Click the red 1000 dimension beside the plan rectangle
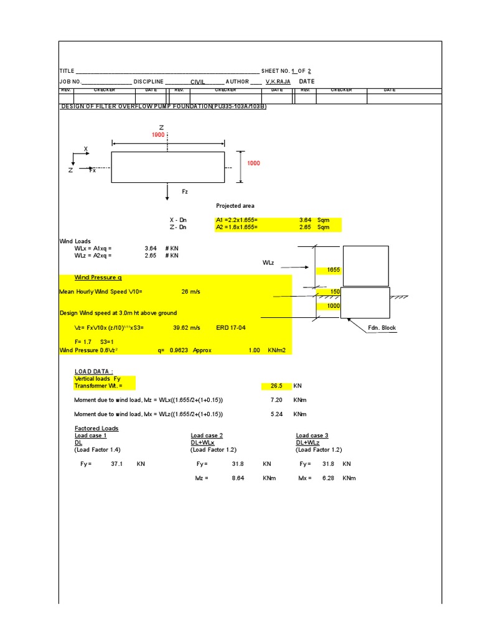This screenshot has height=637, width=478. pyautogui.click(x=253, y=163)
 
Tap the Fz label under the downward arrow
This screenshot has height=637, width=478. pyautogui.click(x=185, y=192)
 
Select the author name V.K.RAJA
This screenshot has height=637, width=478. pyautogui.click(x=278, y=81)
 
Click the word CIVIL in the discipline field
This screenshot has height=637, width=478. pyautogui.click(x=197, y=81)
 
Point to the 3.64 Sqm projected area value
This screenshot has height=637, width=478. pyautogui.click(x=305, y=220)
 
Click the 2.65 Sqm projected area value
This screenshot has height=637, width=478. pyautogui.click(x=305, y=227)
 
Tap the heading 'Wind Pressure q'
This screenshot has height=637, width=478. pyautogui.click(x=98, y=277)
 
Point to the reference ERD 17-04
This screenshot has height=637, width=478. pyautogui.click(x=229, y=327)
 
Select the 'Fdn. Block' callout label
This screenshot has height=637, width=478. pyautogui.click(x=380, y=328)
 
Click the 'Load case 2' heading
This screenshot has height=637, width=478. pyautogui.click(x=207, y=435)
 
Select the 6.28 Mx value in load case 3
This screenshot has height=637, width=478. pyautogui.click(x=329, y=478)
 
